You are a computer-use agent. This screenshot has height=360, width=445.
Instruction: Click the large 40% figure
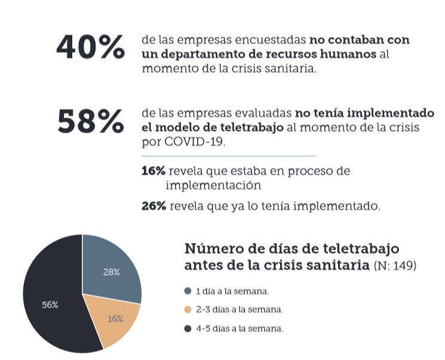90,47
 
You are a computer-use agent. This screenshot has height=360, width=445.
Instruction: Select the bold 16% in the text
153,171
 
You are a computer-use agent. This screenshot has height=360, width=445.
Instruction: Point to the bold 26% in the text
154,207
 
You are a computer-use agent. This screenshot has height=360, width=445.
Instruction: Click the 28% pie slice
111,269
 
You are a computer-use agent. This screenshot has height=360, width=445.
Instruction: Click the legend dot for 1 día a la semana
188,291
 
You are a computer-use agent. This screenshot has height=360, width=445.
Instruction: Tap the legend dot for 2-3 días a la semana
188,310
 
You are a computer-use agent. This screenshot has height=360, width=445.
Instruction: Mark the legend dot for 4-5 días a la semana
188,328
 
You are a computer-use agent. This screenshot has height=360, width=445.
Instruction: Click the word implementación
213,185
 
